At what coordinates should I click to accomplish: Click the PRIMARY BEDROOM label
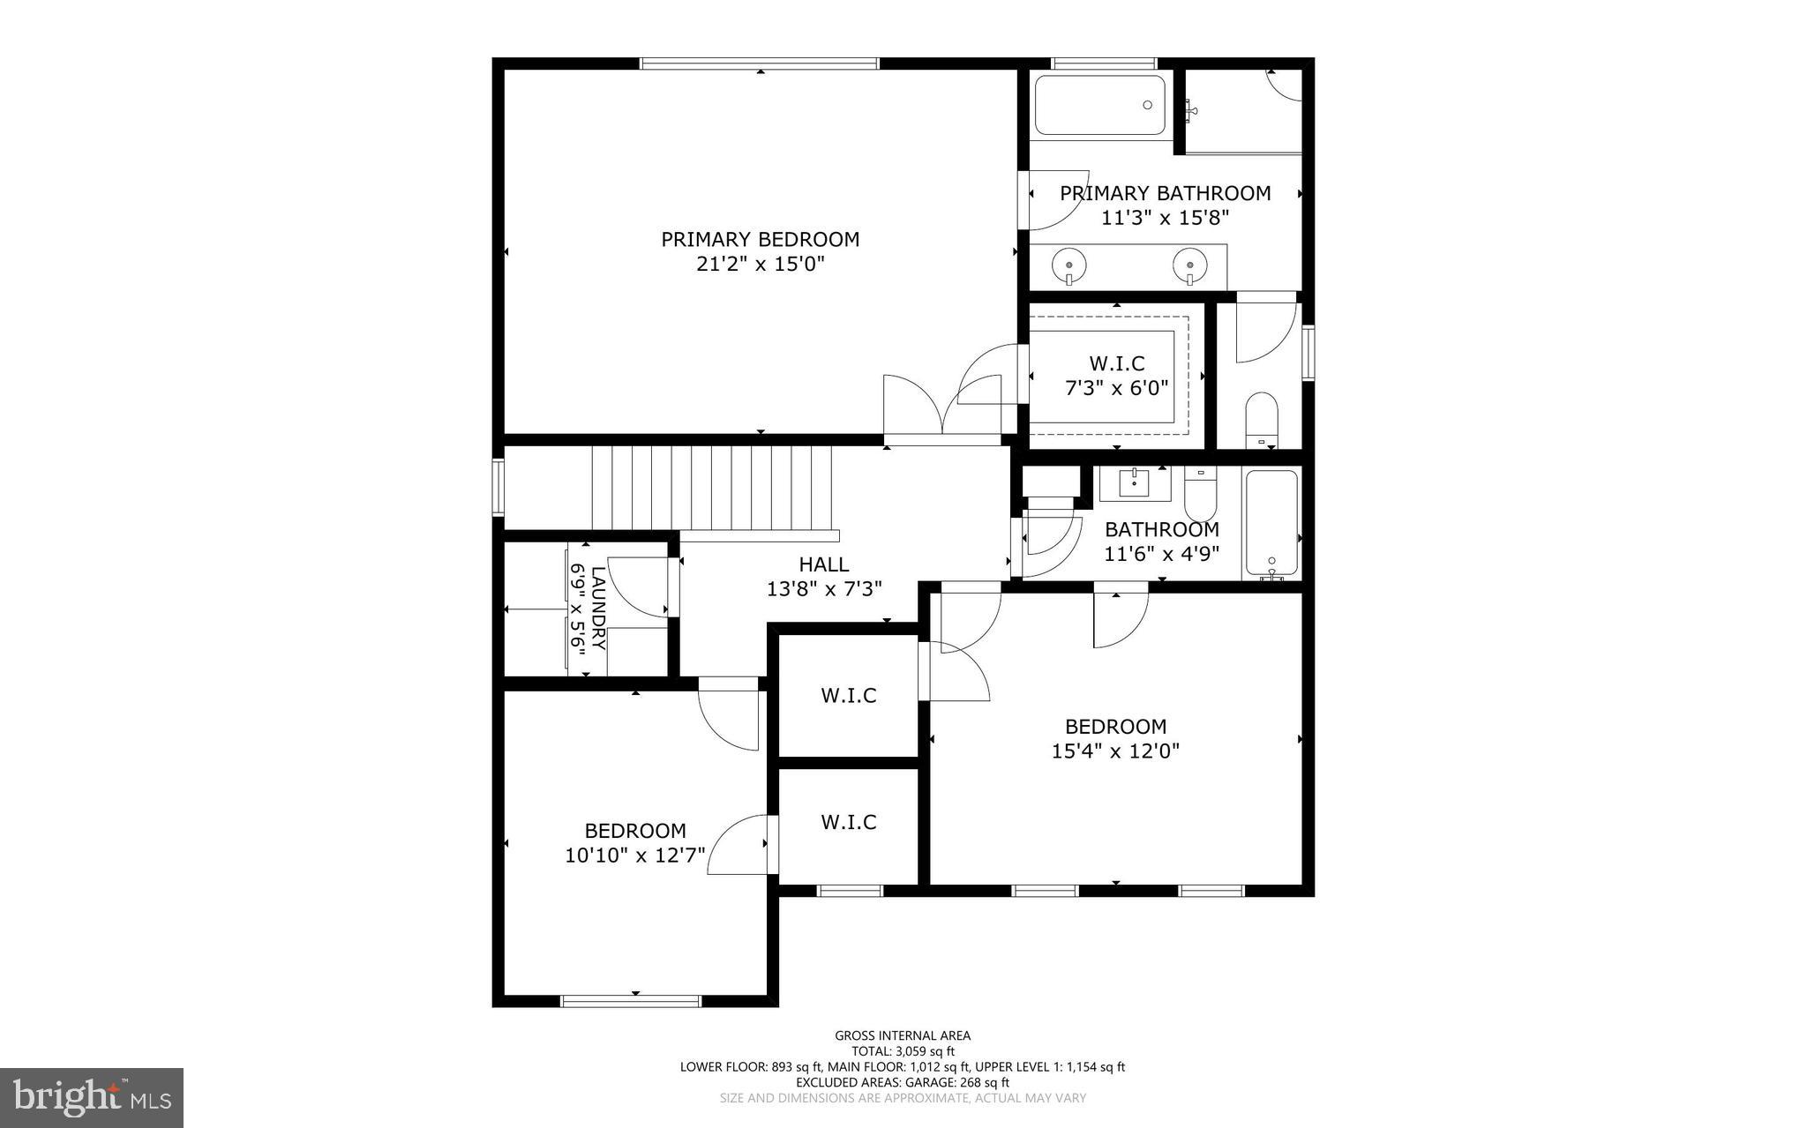click(x=760, y=239)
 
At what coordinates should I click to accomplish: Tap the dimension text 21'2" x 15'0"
click(x=760, y=264)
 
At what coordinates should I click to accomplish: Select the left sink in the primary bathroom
click(x=1068, y=264)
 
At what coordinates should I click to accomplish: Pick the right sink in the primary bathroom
click(x=1190, y=264)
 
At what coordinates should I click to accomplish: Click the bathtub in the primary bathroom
click(x=1099, y=105)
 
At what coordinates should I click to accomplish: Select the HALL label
click(x=823, y=564)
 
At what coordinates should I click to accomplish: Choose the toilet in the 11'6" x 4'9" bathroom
click(x=1200, y=495)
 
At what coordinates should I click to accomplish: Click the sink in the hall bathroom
click(x=1134, y=483)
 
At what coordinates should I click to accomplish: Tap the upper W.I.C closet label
click(x=849, y=695)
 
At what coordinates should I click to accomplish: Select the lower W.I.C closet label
click(x=849, y=822)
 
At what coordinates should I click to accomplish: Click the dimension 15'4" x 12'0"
click(x=1115, y=751)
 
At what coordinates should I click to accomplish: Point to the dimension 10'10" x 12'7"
click(x=634, y=855)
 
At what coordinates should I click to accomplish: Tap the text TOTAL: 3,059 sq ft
click(x=903, y=1051)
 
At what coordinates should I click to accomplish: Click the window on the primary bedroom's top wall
click(x=759, y=63)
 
